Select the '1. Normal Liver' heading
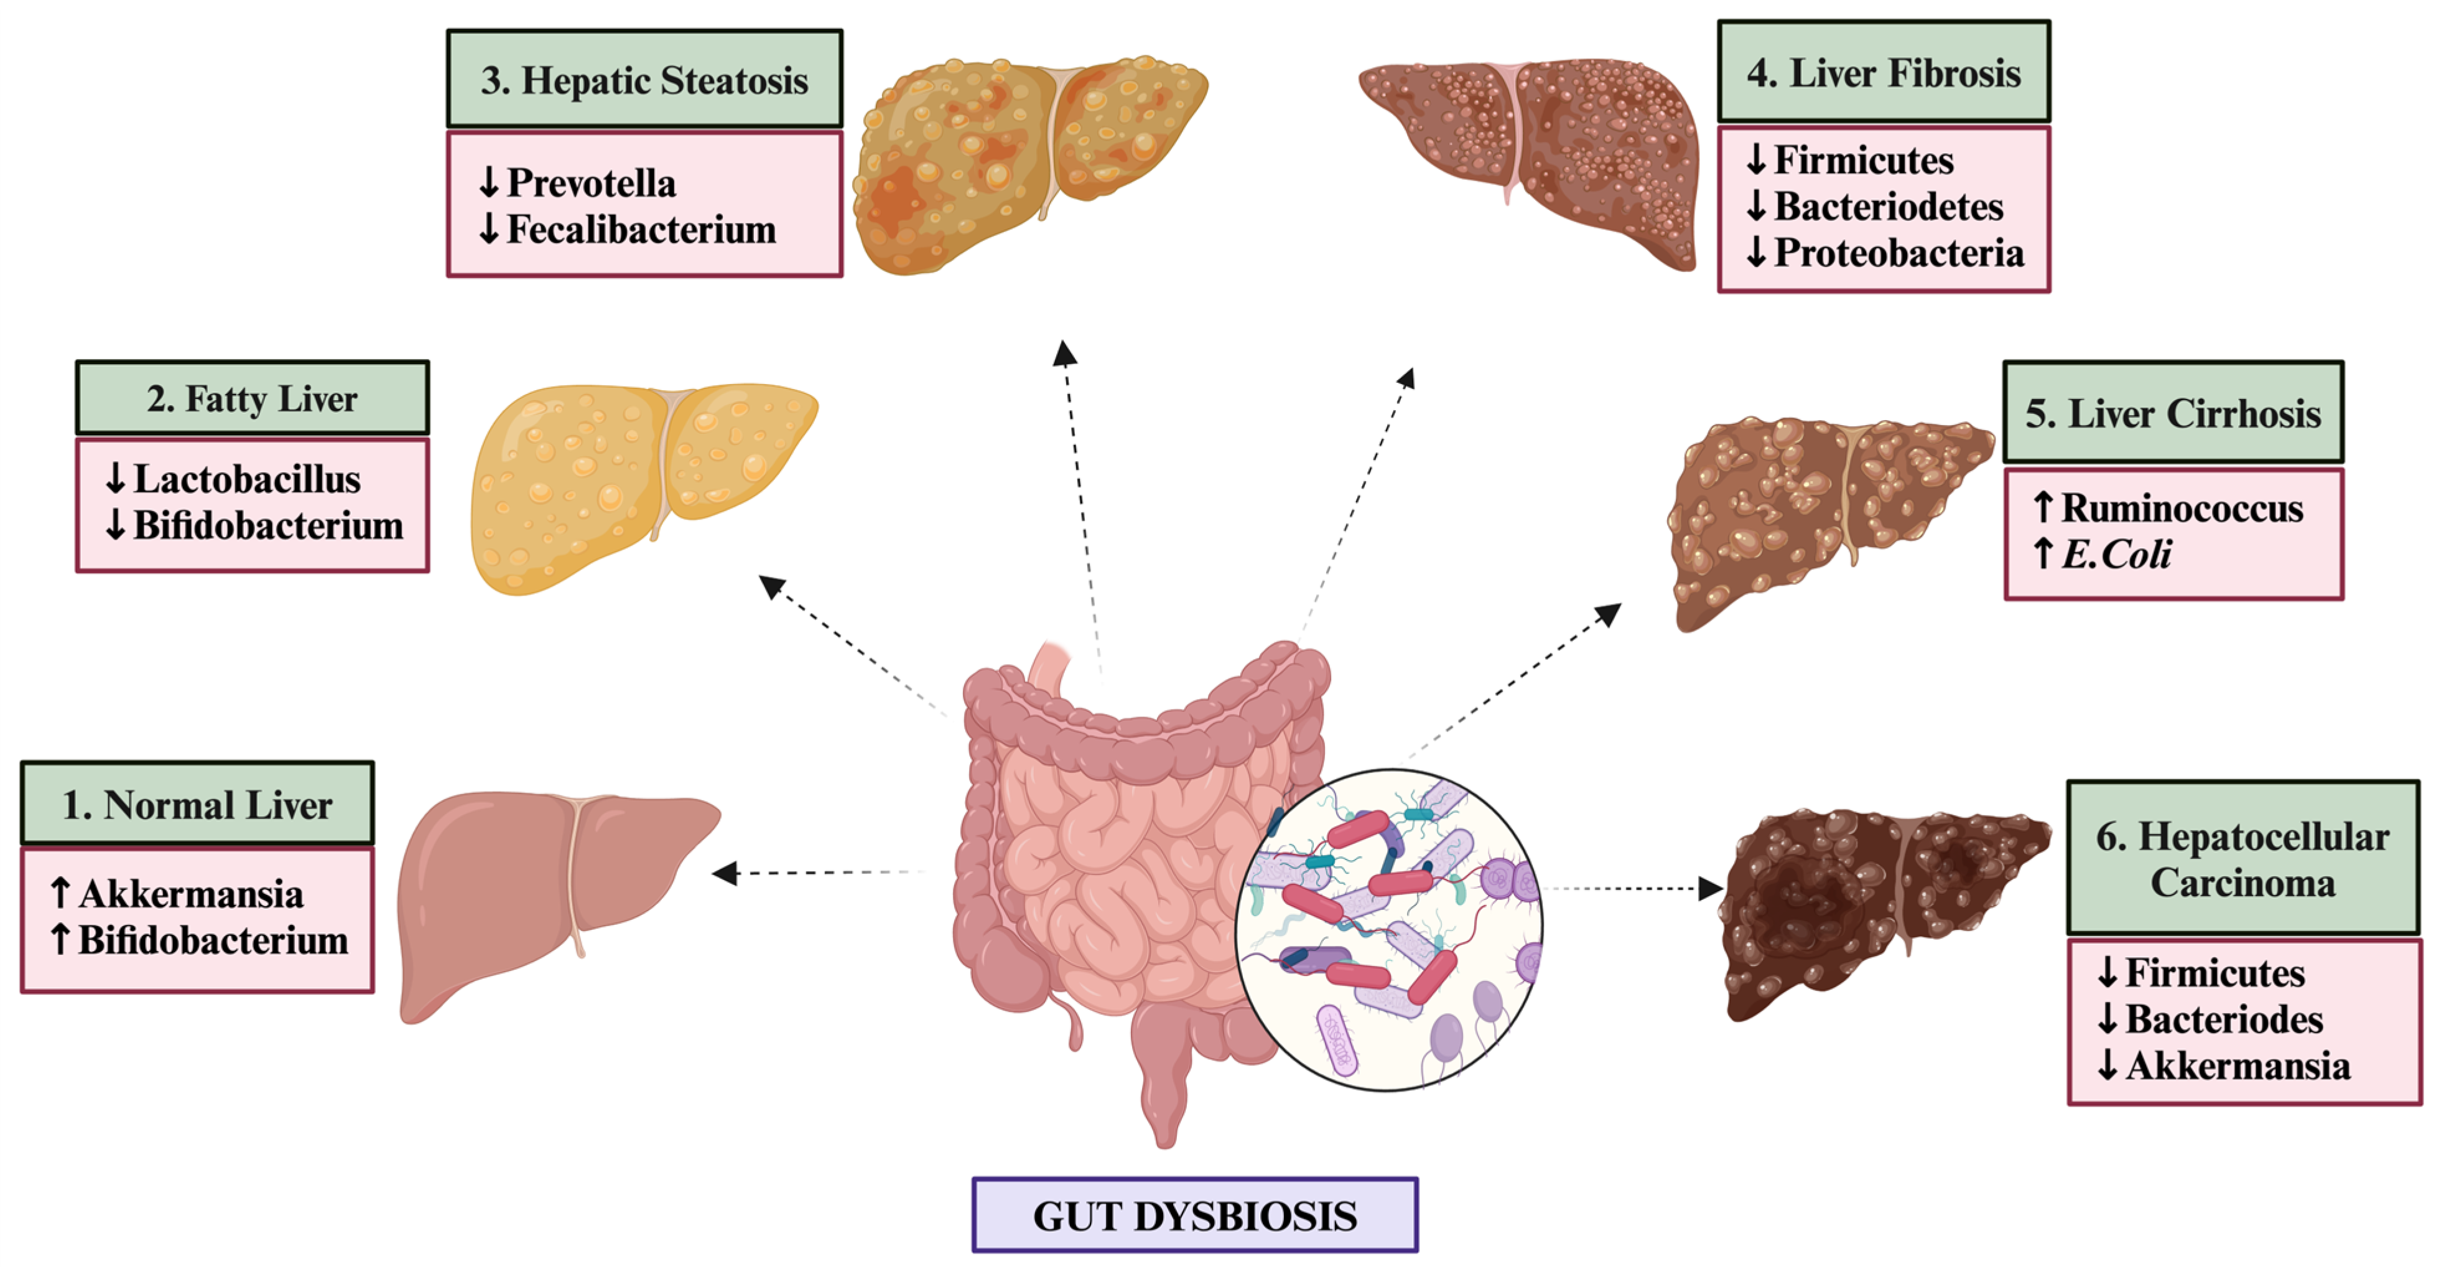click(x=197, y=804)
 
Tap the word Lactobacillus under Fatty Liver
click(x=246, y=479)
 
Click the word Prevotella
click(x=592, y=183)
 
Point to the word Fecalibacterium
click(x=641, y=229)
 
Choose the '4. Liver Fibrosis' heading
click(x=1884, y=73)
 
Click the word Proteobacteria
click(x=1898, y=253)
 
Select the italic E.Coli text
click(x=2116, y=554)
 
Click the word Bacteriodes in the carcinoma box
click(x=2224, y=1020)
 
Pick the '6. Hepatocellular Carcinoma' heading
click(x=2242, y=859)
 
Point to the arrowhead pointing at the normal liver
click(x=724, y=873)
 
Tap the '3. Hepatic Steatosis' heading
click(x=644, y=80)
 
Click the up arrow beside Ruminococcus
click(x=2043, y=508)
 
